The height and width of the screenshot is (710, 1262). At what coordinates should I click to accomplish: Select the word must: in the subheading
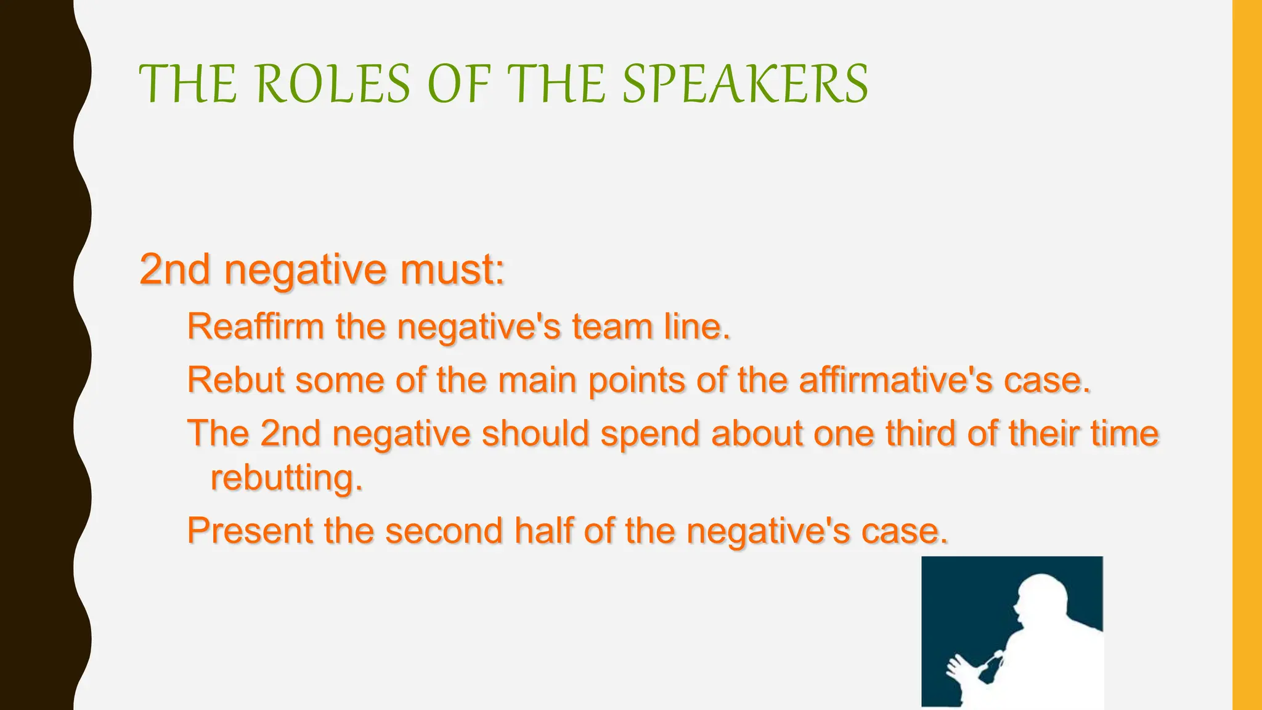pyautogui.click(x=452, y=271)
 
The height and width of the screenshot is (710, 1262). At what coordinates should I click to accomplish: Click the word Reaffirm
pyautogui.click(x=255, y=327)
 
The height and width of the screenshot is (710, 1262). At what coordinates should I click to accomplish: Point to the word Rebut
pyautogui.click(x=235, y=380)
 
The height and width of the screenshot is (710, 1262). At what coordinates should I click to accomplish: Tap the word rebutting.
pyautogui.click(x=287, y=478)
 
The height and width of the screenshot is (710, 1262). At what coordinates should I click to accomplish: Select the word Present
pyautogui.click(x=250, y=531)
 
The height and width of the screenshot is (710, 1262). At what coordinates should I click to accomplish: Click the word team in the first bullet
pyautogui.click(x=612, y=327)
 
